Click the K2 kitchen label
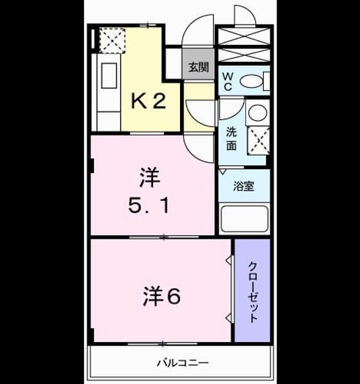click(x=149, y=101)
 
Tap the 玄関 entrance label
click(x=199, y=67)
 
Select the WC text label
click(x=227, y=82)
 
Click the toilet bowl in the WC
click(x=251, y=81)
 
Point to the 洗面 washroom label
click(x=231, y=139)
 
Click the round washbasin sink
click(x=257, y=113)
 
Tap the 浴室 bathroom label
click(x=244, y=187)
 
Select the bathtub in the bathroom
click(x=244, y=219)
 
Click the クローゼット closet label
click(x=253, y=292)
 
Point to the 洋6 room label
click(x=161, y=296)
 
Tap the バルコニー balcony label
click(x=182, y=362)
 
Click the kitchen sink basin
click(x=109, y=76)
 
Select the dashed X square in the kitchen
click(x=112, y=41)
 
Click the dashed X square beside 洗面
click(x=259, y=141)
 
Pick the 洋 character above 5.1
click(x=149, y=178)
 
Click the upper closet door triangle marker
click(x=229, y=260)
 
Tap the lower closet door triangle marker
click(x=229, y=317)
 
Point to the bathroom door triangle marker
click(x=222, y=171)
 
